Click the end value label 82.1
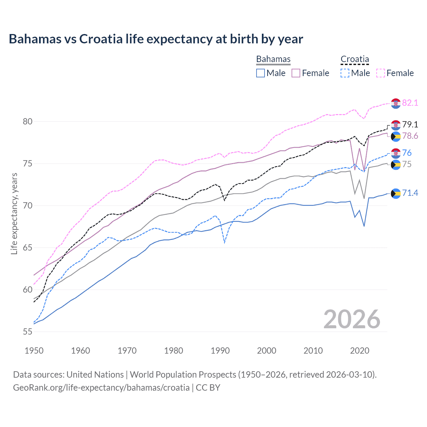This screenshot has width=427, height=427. (410, 103)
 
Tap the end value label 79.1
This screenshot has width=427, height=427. (410, 124)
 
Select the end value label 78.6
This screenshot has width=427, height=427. (410, 136)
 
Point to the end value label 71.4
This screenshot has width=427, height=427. (410, 193)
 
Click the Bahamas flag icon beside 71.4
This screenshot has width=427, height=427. (396, 193)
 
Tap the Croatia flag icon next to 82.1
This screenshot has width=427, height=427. (396, 103)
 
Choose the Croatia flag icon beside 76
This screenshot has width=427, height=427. (396, 153)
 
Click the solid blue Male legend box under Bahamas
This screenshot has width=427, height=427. (261, 73)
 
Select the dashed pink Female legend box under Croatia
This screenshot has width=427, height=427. (381, 73)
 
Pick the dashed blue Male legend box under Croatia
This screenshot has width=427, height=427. (345, 73)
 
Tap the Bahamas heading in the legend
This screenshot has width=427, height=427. (273, 59)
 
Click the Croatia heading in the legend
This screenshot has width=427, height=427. (355, 59)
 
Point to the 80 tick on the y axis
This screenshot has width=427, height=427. (28, 121)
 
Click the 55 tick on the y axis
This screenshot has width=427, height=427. (28, 332)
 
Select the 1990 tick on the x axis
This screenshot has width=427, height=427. (220, 351)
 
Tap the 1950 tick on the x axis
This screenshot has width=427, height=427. (34, 351)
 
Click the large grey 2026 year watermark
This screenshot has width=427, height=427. (352, 319)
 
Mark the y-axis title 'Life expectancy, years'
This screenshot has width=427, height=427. (14, 213)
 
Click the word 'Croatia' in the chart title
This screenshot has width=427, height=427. (101, 39)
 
